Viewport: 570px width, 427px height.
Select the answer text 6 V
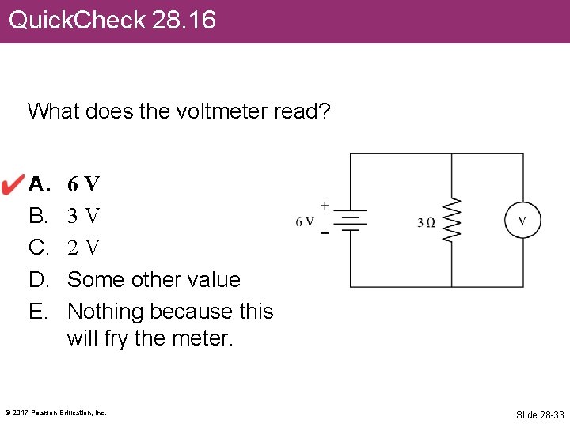click(x=83, y=185)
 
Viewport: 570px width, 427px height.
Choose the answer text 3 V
click(x=83, y=216)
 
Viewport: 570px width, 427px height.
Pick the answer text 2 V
click(x=83, y=248)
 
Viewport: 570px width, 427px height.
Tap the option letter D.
click(x=37, y=279)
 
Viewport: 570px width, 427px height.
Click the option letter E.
click(x=36, y=311)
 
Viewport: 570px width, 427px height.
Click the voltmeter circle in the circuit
click(x=522, y=220)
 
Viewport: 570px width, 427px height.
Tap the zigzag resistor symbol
click(x=452, y=220)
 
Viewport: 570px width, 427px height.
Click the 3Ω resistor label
click(x=426, y=222)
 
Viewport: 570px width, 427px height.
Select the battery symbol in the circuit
click(x=350, y=220)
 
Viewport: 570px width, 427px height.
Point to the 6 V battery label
click(x=305, y=222)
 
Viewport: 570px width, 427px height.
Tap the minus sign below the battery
click(x=325, y=234)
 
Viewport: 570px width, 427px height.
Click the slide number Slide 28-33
click(x=540, y=414)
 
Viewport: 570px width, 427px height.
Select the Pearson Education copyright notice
click(x=55, y=413)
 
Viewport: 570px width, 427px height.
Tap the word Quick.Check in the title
click(x=77, y=20)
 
